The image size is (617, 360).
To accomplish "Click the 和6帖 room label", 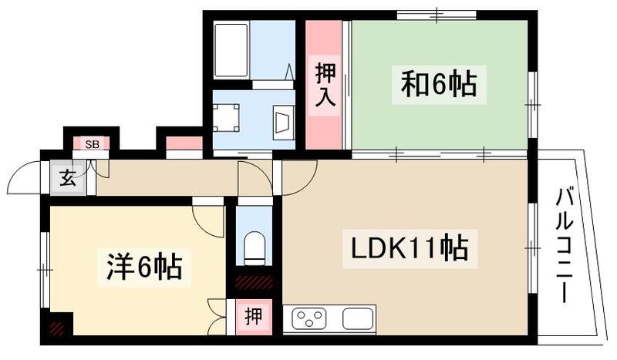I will click(x=437, y=83).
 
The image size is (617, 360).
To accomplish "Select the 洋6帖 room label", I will click(x=143, y=267).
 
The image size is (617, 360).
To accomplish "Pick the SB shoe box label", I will click(x=92, y=144).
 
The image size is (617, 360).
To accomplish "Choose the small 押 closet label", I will click(x=253, y=316).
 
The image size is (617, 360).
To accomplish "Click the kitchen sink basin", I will click(x=358, y=318).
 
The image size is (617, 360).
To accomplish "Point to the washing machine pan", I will click(x=228, y=118).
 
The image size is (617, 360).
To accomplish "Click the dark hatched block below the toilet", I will click(x=254, y=283).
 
